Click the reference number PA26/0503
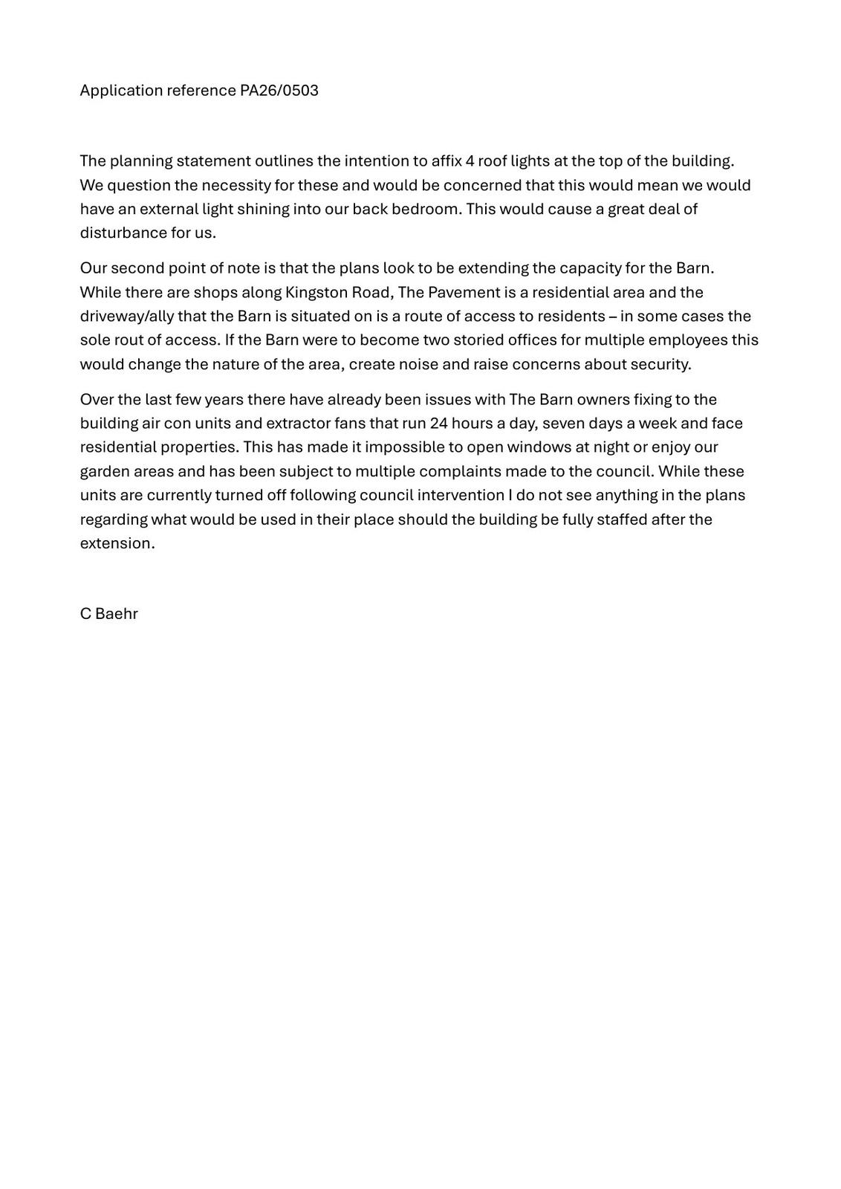point(279,91)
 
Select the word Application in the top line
point(121,91)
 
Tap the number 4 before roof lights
point(470,161)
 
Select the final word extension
point(117,543)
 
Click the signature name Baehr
point(117,614)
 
